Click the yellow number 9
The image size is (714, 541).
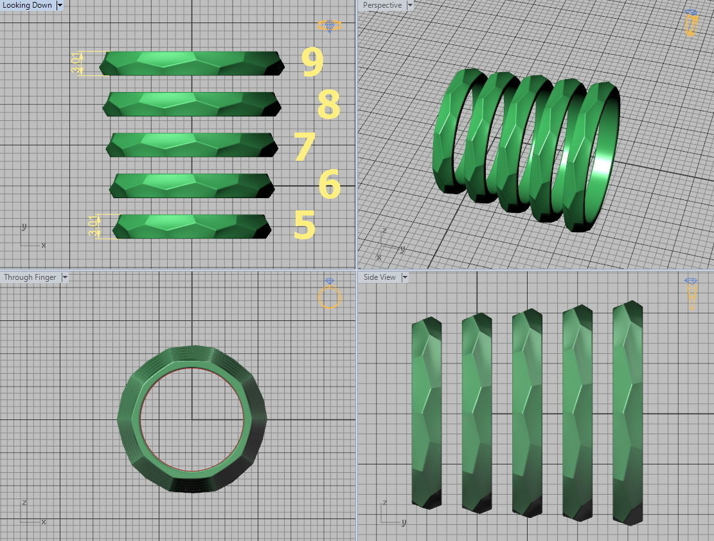pyautogui.click(x=312, y=62)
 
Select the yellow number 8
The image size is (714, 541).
pyautogui.click(x=328, y=105)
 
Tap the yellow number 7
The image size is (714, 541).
pyautogui.click(x=305, y=147)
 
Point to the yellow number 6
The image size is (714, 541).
pyautogui.click(x=329, y=185)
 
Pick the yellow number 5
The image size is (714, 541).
pyautogui.click(x=305, y=225)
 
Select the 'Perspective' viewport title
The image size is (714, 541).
pyautogui.click(x=382, y=5)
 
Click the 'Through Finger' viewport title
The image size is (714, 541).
pyautogui.click(x=30, y=277)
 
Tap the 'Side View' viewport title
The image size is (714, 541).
pyautogui.click(x=379, y=277)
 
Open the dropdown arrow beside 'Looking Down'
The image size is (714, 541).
pyautogui.click(x=60, y=5)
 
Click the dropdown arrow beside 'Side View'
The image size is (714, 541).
pyautogui.click(x=405, y=277)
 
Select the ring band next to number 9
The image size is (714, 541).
pyautogui.click(x=192, y=63)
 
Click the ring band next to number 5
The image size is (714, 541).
pyautogui.click(x=192, y=226)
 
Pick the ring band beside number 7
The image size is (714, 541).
pyautogui.click(x=192, y=145)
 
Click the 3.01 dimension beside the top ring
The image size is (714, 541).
pyautogui.click(x=76, y=63)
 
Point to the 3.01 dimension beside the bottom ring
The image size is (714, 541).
pyautogui.click(x=94, y=226)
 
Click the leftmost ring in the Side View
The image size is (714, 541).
pyautogui.click(x=426, y=412)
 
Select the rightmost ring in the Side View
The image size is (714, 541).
pyautogui.click(x=627, y=412)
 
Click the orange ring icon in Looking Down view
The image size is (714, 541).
pyautogui.click(x=330, y=26)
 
